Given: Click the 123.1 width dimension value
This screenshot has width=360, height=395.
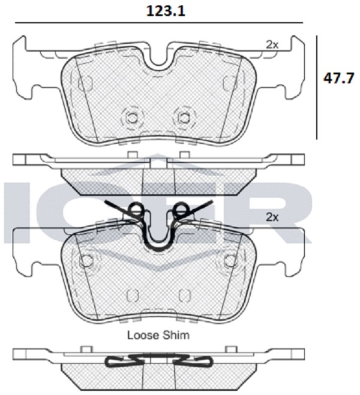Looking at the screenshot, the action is click(166, 11).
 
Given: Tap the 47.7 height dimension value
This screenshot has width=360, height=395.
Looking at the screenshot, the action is click(339, 79).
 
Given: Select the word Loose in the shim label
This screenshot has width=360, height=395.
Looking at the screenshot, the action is click(143, 335).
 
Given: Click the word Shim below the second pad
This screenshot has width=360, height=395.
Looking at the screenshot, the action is click(176, 335).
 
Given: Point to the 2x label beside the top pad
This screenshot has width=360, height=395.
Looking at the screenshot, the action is click(272, 45).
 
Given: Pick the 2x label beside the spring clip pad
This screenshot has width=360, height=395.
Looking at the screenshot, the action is click(272, 217).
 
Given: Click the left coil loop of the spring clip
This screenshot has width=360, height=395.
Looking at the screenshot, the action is click(136, 210).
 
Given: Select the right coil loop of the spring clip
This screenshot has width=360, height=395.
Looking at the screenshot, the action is click(181, 210).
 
